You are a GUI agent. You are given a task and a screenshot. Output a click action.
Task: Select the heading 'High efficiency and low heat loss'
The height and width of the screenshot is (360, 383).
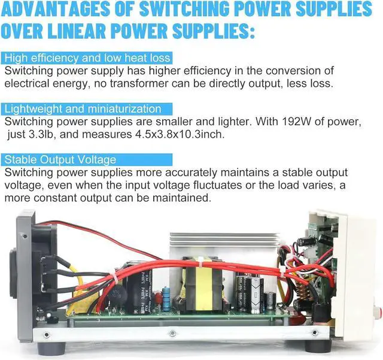87,58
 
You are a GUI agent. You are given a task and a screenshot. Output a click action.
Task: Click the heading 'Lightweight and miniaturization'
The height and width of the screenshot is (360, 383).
82,109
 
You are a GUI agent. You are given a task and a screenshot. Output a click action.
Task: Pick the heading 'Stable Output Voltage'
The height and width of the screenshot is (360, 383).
60,160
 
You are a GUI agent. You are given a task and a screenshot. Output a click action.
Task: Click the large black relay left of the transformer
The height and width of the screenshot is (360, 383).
136,288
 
